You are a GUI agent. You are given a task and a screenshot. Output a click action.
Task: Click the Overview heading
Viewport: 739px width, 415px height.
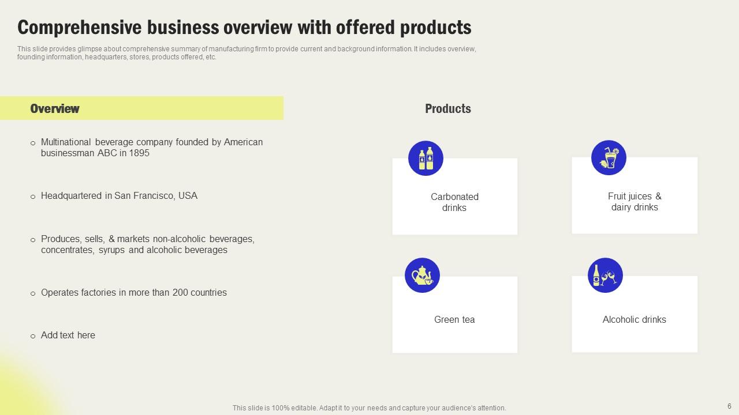tap(55, 108)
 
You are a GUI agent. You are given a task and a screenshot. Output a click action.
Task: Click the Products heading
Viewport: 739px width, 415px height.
tap(447, 108)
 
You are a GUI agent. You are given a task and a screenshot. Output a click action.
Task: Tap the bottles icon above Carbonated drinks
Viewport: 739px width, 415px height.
tap(426, 158)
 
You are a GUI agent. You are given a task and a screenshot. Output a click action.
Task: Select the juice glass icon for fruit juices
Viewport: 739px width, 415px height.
tap(609, 157)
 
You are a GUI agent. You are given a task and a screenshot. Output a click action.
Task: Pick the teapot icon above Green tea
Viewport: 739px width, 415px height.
tap(422, 275)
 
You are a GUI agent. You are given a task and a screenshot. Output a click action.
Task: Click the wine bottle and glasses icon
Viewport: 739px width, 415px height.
tap(606, 275)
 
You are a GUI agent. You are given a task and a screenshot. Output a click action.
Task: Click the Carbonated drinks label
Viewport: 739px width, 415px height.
tap(454, 202)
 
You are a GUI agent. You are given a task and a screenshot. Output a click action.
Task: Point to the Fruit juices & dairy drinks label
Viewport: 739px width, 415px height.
tap(635, 202)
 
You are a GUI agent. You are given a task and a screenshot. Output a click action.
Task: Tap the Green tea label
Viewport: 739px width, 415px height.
tap(454, 319)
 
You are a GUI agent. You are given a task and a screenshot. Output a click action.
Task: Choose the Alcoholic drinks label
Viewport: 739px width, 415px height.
tap(634, 319)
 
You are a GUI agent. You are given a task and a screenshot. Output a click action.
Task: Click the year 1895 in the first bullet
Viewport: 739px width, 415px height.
tap(139, 153)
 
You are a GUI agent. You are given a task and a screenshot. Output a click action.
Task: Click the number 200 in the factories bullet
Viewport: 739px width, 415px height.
tap(180, 292)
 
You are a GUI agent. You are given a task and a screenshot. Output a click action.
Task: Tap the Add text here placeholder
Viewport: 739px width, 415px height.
tap(68, 335)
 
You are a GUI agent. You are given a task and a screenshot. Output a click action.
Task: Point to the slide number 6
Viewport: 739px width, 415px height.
tap(729, 406)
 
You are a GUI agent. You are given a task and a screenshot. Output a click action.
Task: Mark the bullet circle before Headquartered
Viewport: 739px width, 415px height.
tap(33, 197)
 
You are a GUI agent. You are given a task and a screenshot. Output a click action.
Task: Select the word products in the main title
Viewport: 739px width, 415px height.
tap(436, 27)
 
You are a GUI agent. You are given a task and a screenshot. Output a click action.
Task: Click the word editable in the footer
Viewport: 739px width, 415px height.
tap(304, 408)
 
